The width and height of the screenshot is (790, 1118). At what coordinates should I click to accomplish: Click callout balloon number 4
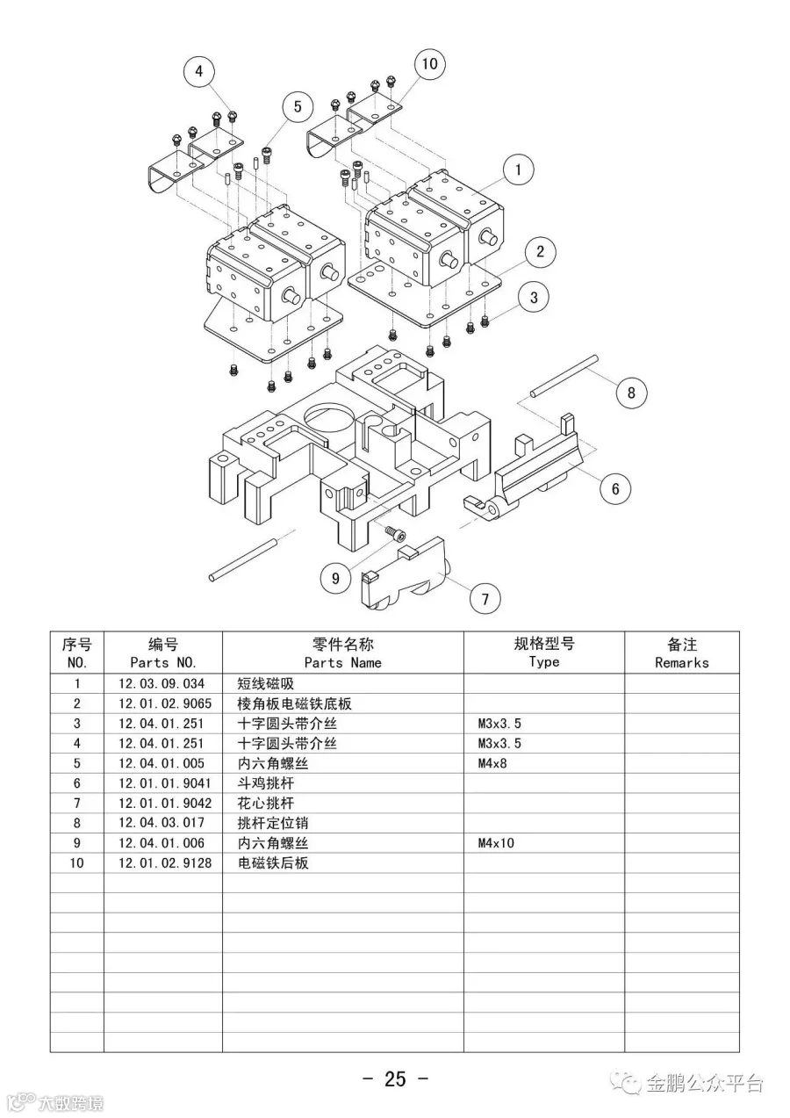(x=199, y=72)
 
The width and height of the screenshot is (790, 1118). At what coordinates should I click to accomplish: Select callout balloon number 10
(x=429, y=63)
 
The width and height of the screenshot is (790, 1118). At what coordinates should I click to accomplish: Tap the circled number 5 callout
(x=298, y=107)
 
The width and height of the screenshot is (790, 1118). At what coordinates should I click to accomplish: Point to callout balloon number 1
(x=519, y=170)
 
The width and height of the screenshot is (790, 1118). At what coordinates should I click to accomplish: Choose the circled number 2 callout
(x=540, y=252)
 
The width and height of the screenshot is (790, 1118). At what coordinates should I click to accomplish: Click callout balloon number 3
(x=534, y=297)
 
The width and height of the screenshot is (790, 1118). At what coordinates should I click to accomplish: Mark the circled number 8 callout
(x=631, y=393)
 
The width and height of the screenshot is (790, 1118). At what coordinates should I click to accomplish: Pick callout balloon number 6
(x=615, y=488)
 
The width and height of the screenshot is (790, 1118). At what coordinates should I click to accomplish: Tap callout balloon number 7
(x=485, y=600)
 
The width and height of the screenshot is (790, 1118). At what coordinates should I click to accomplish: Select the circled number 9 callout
(x=335, y=578)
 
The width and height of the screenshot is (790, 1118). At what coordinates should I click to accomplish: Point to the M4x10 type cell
(x=496, y=843)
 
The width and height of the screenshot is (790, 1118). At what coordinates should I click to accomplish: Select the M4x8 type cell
(x=492, y=763)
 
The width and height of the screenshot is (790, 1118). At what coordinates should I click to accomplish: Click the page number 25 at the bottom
(x=395, y=1078)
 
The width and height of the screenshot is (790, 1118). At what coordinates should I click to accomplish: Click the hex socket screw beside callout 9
(x=395, y=532)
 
